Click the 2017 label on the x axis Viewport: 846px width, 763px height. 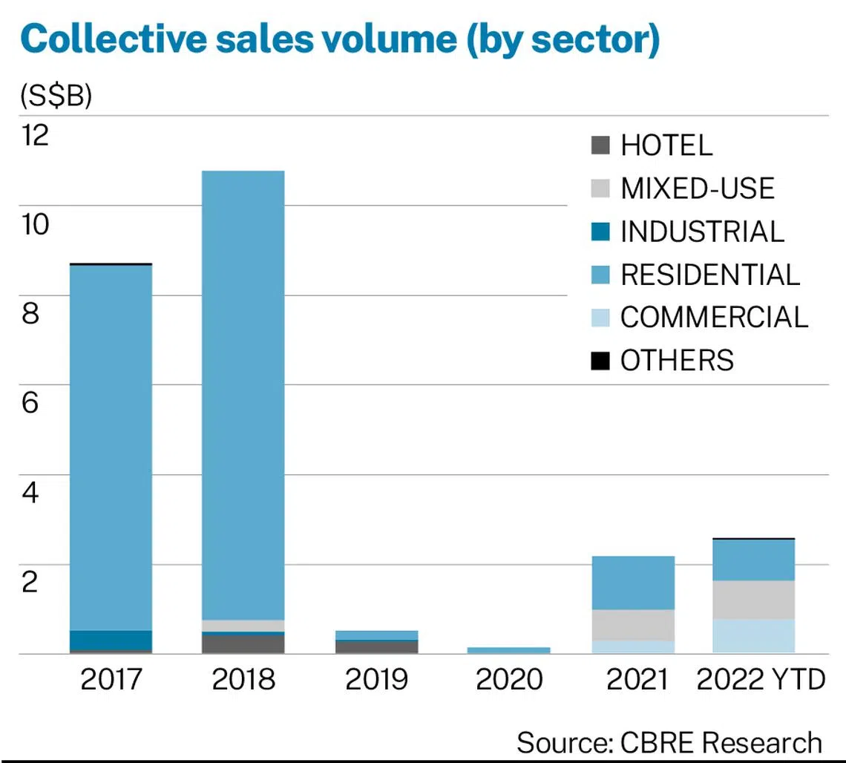pyautogui.click(x=111, y=679)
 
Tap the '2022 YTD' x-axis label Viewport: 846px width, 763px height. pyautogui.click(x=761, y=679)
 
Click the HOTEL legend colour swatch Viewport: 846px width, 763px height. pyautogui.click(x=600, y=145)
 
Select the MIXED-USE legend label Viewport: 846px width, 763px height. pyautogui.click(x=698, y=189)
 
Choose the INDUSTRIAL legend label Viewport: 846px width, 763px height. pyautogui.click(x=702, y=232)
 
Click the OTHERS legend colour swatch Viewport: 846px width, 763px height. pyautogui.click(x=600, y=361)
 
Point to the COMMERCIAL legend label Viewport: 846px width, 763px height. pyautogui.click(x=714, y=318)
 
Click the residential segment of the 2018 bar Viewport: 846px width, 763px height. pyautogui.click(x=243, y=393)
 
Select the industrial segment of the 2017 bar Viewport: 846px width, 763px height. pyautogui.click(x=111, y=640)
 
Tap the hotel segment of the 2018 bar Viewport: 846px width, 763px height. pyautogui.click(x=243, y=644)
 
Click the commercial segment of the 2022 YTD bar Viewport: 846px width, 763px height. pyautogui.click(x=753, y=636)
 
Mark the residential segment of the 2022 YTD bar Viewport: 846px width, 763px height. pyautogui.click(x=753, y=560)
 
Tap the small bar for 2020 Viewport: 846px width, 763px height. pyautogui.click(x=508, y=650)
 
